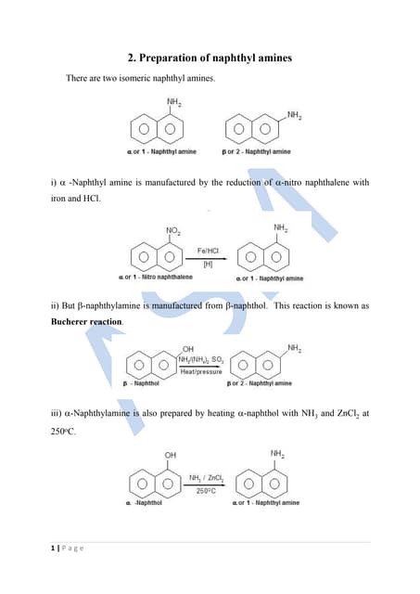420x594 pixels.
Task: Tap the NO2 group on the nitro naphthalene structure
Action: [x=172, y=230]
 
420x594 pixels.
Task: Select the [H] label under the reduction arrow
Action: [x=207, y=265]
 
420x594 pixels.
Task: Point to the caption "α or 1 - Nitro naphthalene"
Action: [x=156, y=278]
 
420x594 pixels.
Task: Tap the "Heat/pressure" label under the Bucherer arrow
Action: [x=200, y=371]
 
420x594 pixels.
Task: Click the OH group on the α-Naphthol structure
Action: [x=171, y=455]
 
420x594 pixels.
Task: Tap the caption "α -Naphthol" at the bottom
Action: [x=144, y=503]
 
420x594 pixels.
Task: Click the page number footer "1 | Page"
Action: [x=67, y=549]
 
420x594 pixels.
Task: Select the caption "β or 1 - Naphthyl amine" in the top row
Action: [x=257, y=151]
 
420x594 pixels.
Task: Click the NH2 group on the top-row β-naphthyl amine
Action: [x=294, y=116]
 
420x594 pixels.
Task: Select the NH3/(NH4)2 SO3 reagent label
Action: [x=200, y=358]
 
